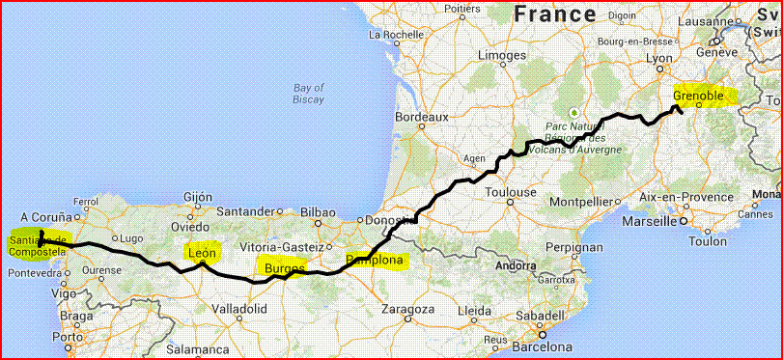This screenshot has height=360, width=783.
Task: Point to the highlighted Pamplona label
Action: click(x=377, y=260)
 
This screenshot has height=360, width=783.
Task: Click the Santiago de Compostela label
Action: click(x=37, y=245)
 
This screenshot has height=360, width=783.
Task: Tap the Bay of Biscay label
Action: click(x=309, y=93)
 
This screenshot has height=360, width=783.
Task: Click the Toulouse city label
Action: click(x=511, y=192)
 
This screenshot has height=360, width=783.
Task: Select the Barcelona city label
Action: click(x=543, y=346)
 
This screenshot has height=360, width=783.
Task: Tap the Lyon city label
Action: click(x=658, y=59)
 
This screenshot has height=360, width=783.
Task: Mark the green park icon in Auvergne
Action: click(x=574, y=111)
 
